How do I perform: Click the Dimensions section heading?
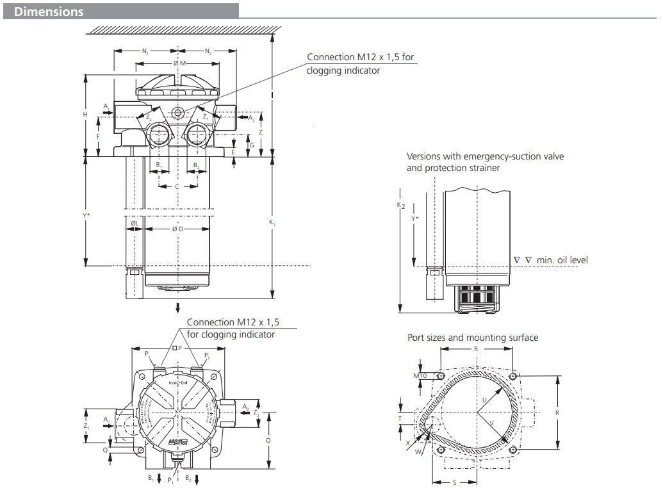pyautogui.click(x=49, y=12)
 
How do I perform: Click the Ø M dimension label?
pyautogui.click(x=179, y=63)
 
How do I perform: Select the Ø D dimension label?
pyautogui.click(x=177, y=229)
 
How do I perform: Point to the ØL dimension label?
pyautogui.click(x=134, y=223)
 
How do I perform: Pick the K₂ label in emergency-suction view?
pyautogui.click(x=401, y=205)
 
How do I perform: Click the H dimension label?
pyautogui.click(x=85, y=114)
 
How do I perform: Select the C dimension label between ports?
pyautogui.click(x=177, y=186)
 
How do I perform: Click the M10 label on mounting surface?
pyautogui.click(x=420, y=375)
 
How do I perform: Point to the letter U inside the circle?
pyautogui.click(x=484, y=399)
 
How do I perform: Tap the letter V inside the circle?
pyautogui.click(x=491, y=423)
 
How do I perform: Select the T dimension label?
pyautogui.click(x=401, y=418)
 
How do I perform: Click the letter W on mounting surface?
pyautogui.click(x=417, y=452)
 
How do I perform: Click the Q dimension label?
pyautogui.click(x=105, y=450)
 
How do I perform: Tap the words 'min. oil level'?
pyautogui.click(x=562, y=260)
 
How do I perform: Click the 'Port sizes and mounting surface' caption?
pyautogui.click(x=473, y=338)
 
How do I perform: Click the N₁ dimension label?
pyautogui.click(x=145, y=51)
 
